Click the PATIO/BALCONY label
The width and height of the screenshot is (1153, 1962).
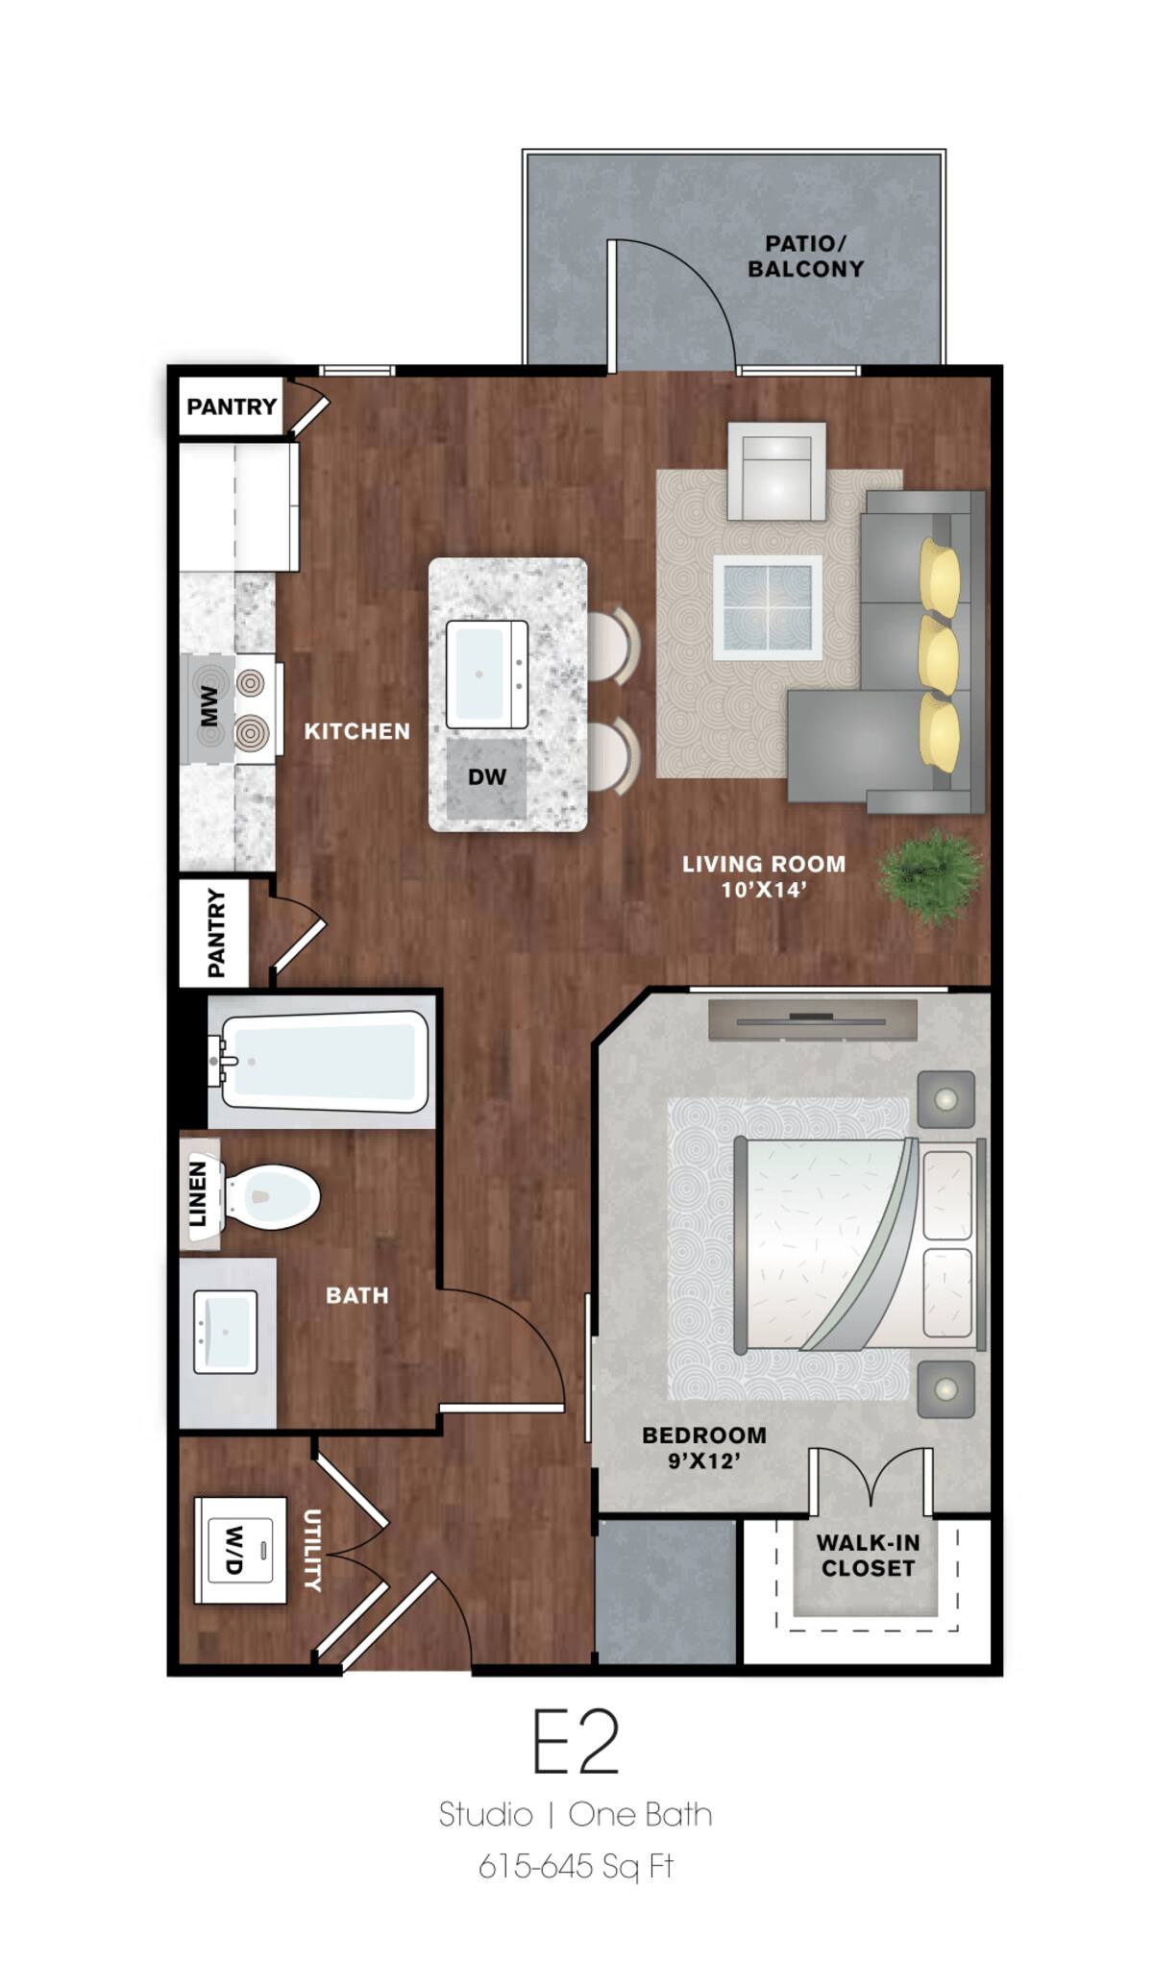click(x=805, y=257)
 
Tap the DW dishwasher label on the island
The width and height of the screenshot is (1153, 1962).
click(x=486, y=777)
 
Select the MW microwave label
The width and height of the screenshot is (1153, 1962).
click(x=209, y=706)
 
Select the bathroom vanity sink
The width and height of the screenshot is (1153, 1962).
click(x=225, y=1332)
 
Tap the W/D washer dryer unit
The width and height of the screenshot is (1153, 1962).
click(x=239, y=1550)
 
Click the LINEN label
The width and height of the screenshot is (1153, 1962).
click(x=198, y=1193)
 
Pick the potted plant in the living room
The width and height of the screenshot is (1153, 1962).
click(x=929, y=875)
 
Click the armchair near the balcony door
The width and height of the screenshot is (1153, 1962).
click(x=776, y=472)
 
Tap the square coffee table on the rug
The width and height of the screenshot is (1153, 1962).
click(x=767, y=607)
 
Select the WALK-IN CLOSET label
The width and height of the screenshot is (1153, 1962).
click(x=868, y=1555)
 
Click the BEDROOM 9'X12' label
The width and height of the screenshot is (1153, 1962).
click(x=703, y=1447)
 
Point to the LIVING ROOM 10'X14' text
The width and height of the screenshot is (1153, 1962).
click(x=763, y=876)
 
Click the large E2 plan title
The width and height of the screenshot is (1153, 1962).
click(x=576, y=1743)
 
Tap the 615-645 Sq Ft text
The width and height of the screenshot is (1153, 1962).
click(x=576, y=1866)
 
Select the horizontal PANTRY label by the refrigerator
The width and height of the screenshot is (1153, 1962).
click(x=231, y=406)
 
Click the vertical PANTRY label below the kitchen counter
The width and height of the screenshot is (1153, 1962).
click(x=216, y=933)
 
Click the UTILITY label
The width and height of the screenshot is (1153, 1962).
click(x=312, y=1550)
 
